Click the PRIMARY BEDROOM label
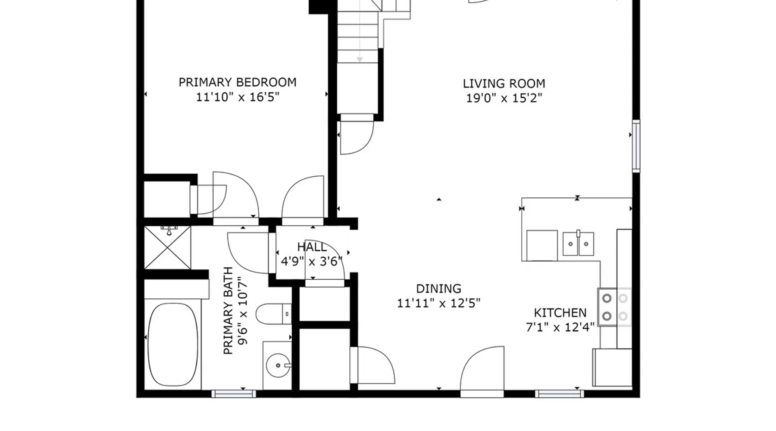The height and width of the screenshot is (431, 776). click(x=238, y=82)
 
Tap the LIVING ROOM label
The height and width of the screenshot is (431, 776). click(x=504, y=84)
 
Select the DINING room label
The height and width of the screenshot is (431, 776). click(x=438, y=289)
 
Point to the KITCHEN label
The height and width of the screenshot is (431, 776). click(x=560, y=313)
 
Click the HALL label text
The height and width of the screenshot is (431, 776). click(x=312, y=247)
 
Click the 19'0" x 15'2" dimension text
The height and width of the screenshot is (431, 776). click(x=504, y=98)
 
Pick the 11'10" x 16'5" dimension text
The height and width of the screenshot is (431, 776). click(x=238, y=97)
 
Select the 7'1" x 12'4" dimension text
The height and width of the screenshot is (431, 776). click(x=560, y=328)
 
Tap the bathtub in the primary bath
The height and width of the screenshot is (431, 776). click(x=173, y=344)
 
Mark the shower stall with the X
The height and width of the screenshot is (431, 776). click(x=167, y=248)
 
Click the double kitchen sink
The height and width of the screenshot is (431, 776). click(x=578, y=244)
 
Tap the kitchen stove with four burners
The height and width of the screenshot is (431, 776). click(x=614, y=307)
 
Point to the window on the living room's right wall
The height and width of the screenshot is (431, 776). click(x=636, y=146)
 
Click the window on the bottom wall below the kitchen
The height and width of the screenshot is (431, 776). click(x=560, y=394)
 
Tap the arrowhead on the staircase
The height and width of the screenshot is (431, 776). click(x=360, y=59)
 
